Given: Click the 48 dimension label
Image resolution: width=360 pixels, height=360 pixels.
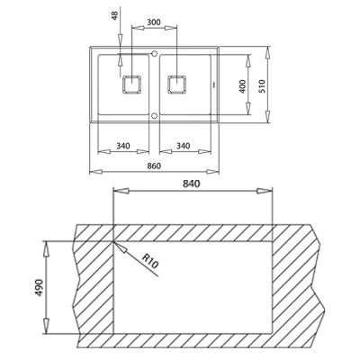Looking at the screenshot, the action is pyautogui.click(x=115, y=14).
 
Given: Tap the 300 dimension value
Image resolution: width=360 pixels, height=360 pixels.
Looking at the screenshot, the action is pyautogui.click(x=154, y=22).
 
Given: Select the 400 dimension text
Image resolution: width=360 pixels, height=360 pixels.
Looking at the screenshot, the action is pyautogui.click(x=243, y=86).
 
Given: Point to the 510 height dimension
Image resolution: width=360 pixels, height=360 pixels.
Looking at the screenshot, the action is pyautogui.click(x=262, y=86).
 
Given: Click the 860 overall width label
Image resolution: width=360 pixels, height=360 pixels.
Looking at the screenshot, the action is pyautogui.click(x=155, y=166).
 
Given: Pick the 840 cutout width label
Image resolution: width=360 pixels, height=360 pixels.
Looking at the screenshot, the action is pyautogui.click(x=192, y=184).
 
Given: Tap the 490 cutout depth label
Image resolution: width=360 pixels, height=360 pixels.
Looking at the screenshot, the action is pyautogui.click(x=40, y=287).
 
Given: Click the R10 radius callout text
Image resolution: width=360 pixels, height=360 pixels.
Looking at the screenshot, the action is pyautogui.click(x=150, y=260).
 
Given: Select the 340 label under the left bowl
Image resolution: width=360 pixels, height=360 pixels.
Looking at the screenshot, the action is pyautogui.click(x=123, y=146).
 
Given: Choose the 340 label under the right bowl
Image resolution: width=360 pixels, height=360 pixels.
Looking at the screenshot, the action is pyautogui.click(x=183, y=146).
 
